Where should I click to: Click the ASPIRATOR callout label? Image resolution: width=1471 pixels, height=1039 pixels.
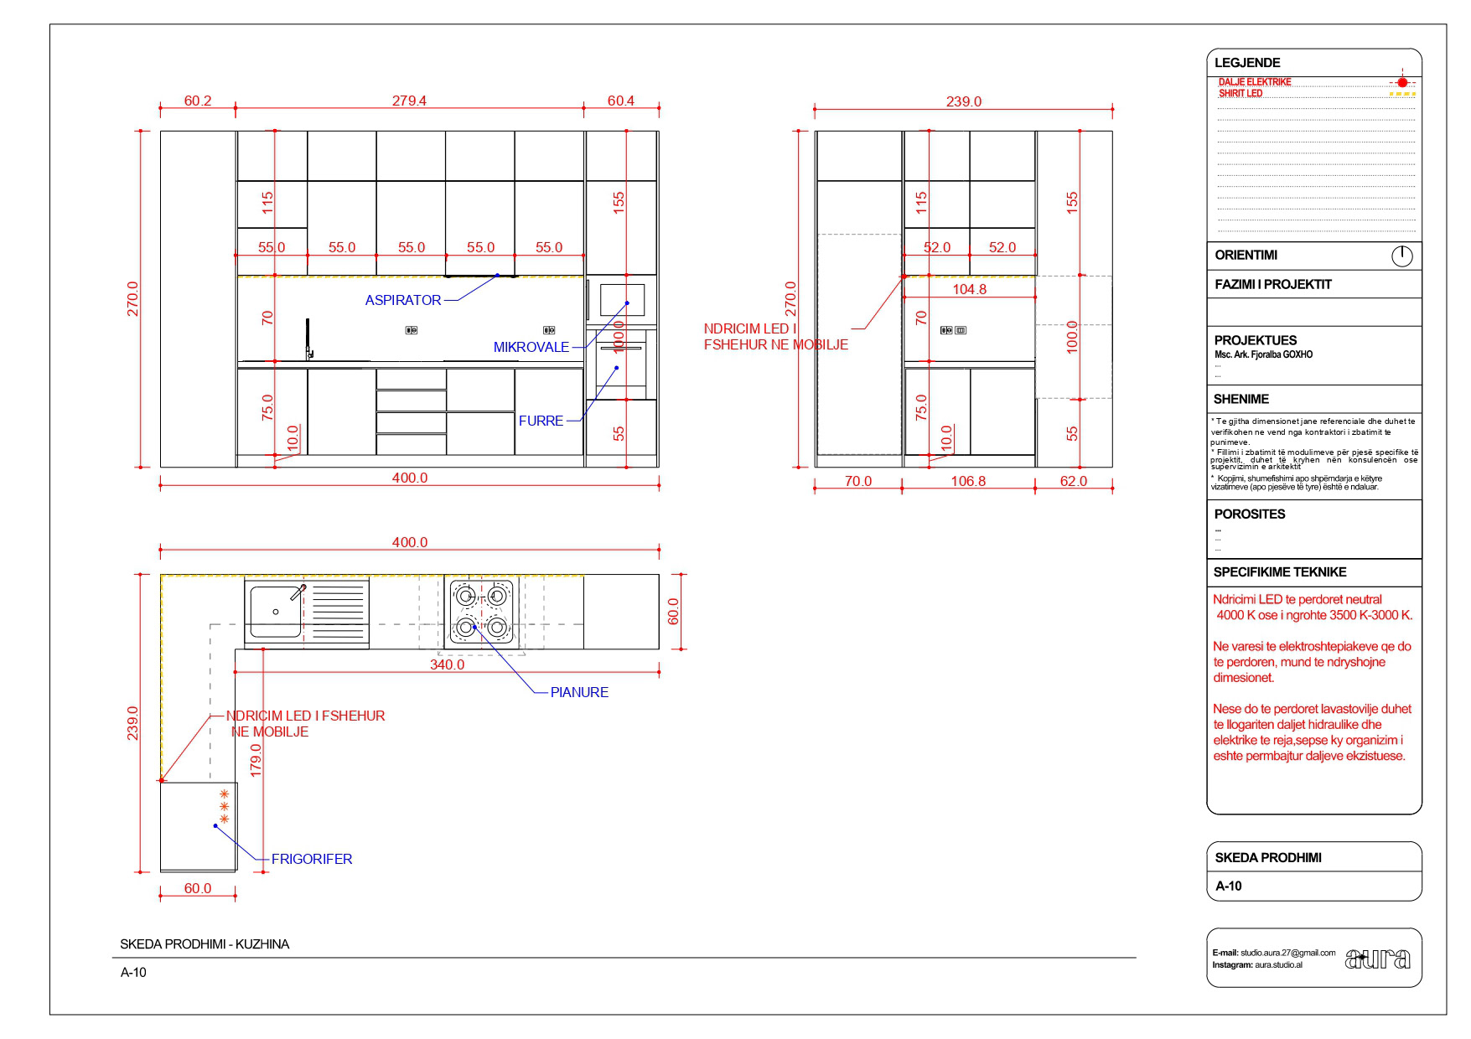coord(402,300)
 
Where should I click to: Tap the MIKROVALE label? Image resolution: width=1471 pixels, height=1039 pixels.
coord(531,347)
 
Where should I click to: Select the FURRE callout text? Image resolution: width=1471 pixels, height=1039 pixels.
coord(541,421)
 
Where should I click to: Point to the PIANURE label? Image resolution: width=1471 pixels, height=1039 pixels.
coord(579,692)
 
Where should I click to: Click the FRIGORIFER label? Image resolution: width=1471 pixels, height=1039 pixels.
coord(312,859)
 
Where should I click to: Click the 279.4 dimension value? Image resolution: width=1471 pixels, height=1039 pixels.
coord(409,101)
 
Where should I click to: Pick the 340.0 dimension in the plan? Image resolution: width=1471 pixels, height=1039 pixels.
coord(447,664)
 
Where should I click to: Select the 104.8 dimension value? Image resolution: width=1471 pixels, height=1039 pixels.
coord(969,289)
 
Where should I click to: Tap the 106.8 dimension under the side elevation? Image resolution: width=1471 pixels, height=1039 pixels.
coord(968,481)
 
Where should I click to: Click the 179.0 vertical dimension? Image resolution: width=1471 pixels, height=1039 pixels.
coord(256,759)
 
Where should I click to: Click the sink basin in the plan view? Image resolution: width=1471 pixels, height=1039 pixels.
coord(276,612)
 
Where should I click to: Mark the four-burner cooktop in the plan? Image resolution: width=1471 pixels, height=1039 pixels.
coord(481,612)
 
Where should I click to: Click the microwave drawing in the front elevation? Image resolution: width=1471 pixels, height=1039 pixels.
coord(622,299)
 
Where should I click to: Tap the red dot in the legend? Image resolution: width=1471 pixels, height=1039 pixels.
coord(1402,82)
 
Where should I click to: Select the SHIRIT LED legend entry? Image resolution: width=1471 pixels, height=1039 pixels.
coord(1240,93)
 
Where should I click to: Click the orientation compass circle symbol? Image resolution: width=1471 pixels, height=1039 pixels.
coord(1401,256)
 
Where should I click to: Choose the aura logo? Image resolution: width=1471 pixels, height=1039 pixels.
coord(1377,958)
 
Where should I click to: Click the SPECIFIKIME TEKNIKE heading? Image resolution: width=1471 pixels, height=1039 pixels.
coord(1279,572)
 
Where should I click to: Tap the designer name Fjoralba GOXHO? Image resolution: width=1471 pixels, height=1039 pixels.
coord(1263,354)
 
